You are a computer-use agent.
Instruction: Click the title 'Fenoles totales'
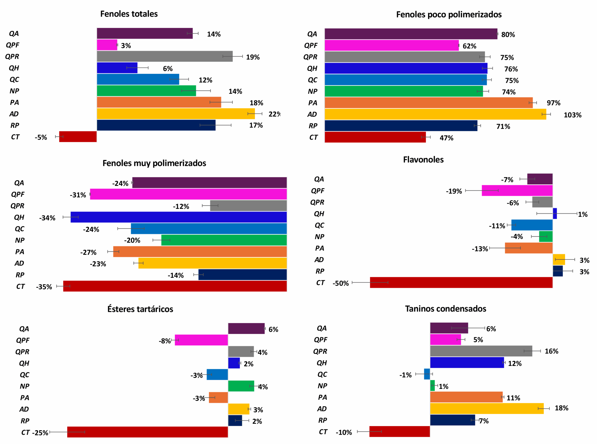[129, 14]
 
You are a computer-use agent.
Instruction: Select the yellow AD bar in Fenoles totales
[176, 114]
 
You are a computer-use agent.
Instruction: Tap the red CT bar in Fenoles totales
[78, 137]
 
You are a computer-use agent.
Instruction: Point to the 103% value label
[572, 115]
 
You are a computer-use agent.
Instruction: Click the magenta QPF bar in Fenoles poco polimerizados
[392, 45]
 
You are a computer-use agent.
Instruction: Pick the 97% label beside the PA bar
[553, 103]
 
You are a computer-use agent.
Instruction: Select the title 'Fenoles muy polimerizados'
[154, 163]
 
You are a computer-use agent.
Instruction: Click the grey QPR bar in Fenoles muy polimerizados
[248, 206]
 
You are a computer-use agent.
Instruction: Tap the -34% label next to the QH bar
[47, 218]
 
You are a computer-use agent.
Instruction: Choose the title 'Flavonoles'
[423, 160]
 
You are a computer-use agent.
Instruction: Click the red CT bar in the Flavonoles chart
[461, 283]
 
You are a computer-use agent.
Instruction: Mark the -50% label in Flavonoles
[340, 283]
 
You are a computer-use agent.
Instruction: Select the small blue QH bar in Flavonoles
[555, 214]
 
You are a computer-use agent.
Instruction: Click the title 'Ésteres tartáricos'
[140, 309]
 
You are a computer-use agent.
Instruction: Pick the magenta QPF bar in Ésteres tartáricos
[201, 340]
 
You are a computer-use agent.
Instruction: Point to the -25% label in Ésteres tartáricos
[40, 433]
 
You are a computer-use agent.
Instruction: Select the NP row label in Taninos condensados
[322, 386]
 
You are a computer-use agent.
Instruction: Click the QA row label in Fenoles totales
[14, 34]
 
